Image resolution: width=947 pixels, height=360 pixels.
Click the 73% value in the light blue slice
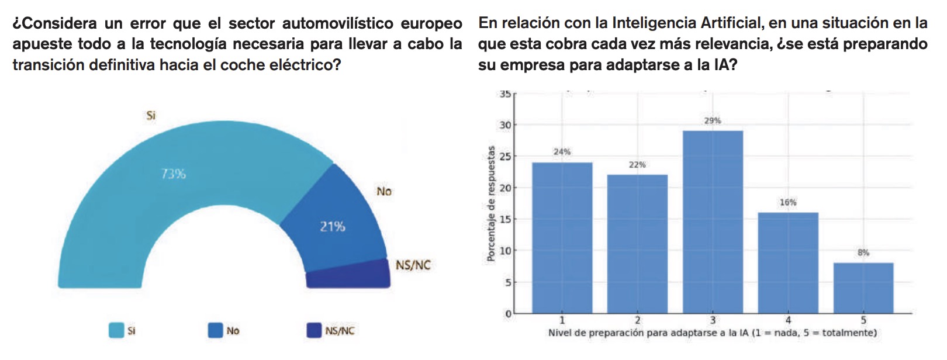[173, 174]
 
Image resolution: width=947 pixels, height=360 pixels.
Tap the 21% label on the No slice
[332, 226]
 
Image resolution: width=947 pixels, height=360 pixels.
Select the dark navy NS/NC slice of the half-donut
[348, 275]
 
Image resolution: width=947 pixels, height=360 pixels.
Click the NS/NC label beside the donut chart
[413, 265]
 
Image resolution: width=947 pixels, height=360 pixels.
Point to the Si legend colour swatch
[116, 331]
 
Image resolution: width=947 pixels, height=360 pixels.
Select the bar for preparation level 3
[713, 222]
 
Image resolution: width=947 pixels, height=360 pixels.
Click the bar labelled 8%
[863, 288]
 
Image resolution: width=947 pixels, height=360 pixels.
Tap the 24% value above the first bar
[562, 152]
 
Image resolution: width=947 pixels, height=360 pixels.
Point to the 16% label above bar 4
[787, 203]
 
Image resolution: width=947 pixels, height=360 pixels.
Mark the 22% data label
[637, 165]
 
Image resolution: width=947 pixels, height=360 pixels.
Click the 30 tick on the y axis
[505, 125]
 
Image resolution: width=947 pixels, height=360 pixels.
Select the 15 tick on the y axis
[505, 220]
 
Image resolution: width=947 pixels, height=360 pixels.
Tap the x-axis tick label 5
[863, 320]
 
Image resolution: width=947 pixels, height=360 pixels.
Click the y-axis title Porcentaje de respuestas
[491, 203]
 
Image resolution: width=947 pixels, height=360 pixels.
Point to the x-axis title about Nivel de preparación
[712, 333]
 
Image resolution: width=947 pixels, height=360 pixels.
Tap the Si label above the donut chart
[151, 116]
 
